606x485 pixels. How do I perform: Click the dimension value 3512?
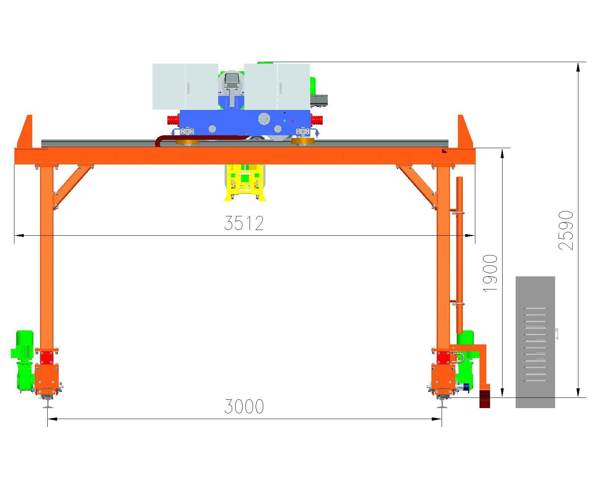tap(244, 223)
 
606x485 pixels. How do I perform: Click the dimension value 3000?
tap(244, 406)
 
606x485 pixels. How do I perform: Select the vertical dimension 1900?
tap(490, 273)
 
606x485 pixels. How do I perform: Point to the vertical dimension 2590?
tap(566, 230)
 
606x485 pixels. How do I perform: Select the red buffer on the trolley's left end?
tap(173, 120)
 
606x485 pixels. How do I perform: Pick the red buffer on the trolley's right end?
tap(317, 120)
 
